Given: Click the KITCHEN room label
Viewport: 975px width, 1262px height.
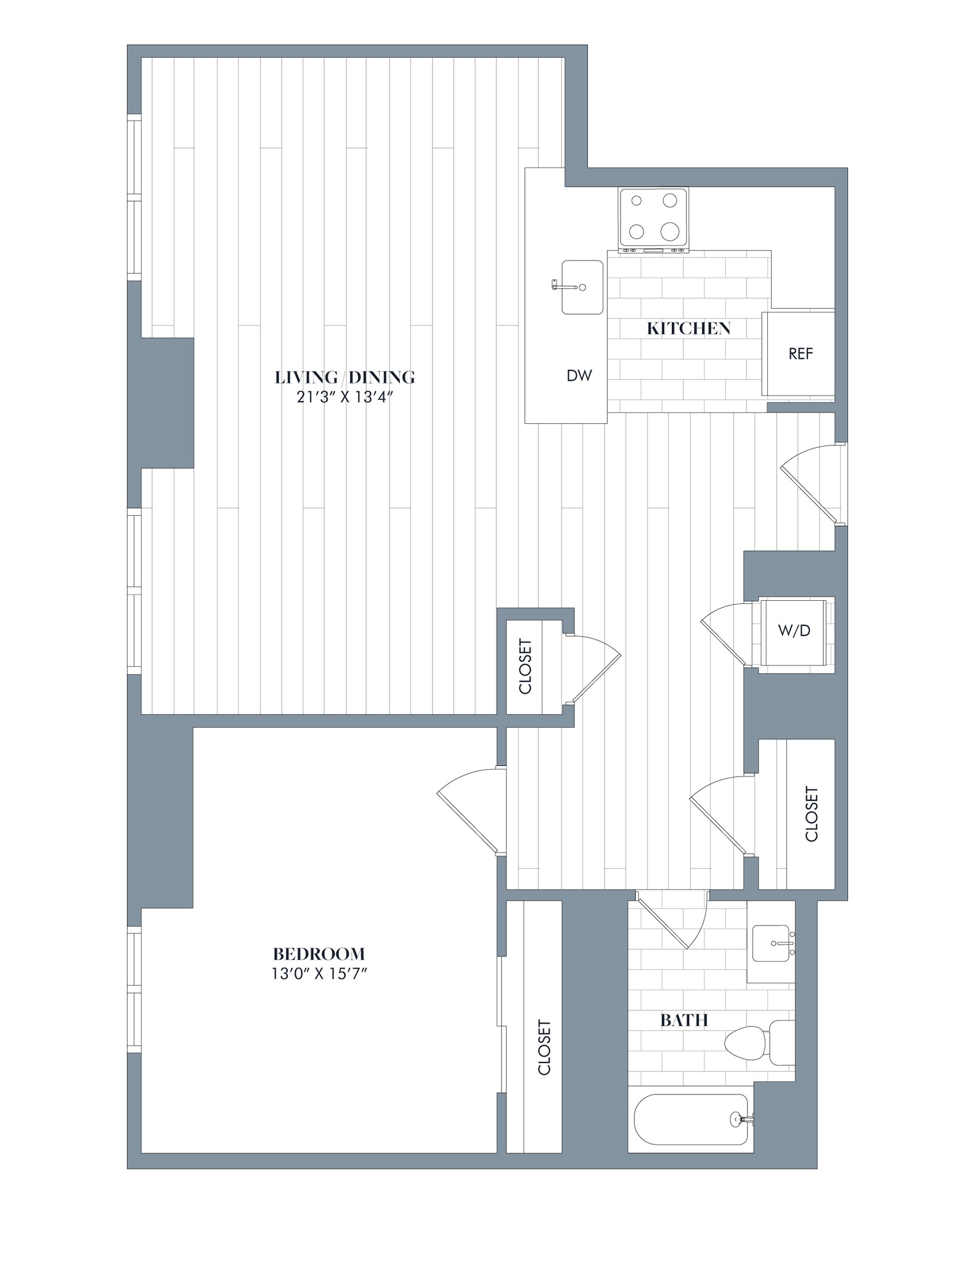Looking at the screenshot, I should coord(688,328).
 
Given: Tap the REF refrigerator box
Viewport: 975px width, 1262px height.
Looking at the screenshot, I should coord(800,354).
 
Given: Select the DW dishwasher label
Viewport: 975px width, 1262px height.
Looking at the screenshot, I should coord(579,375).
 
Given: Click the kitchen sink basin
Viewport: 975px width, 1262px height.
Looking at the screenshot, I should coord(582,287).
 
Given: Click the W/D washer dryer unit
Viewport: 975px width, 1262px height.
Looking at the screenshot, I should coord(793,631).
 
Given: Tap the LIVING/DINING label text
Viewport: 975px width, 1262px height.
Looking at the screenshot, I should coord(345,377).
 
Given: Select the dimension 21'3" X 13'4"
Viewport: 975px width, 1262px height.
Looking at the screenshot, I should coord(345,397).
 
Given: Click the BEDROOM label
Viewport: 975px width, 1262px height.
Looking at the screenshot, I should coord(319,955).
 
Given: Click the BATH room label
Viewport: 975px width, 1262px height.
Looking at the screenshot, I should coord(683,1020).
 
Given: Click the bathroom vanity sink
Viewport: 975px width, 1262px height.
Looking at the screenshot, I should coord(770,943).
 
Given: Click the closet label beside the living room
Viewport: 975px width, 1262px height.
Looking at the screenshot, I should coord(525,666).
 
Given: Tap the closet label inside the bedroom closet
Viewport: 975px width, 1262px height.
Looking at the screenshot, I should coord(544,1048).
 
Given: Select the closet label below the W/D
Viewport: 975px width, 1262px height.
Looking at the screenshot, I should coord(811,813).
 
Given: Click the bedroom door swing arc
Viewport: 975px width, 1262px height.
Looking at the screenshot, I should coord(465,801).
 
